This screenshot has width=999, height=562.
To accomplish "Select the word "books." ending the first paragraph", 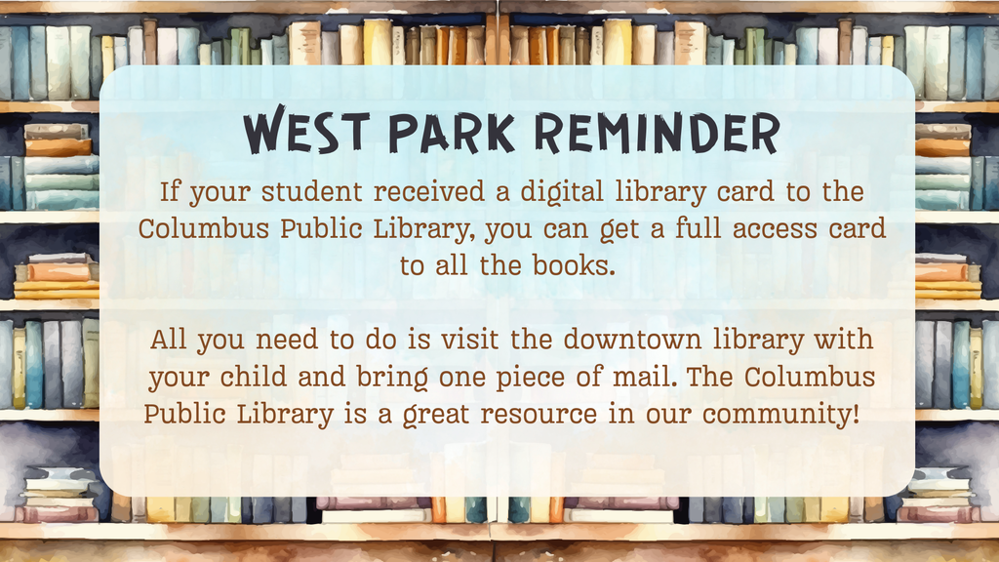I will [x=573, y=266].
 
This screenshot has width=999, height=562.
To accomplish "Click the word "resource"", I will [x=538, y=414].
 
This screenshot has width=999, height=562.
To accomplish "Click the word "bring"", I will [x=411, y=379].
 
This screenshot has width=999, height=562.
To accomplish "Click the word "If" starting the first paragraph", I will [x=170, y=191].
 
